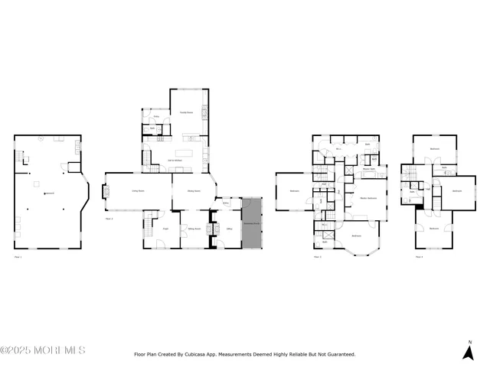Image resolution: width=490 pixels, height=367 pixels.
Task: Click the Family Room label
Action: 186,113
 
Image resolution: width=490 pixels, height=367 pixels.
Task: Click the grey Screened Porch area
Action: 252,223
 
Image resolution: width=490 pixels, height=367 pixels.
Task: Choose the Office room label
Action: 227,227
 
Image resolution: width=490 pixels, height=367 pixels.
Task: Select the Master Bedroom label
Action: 368,198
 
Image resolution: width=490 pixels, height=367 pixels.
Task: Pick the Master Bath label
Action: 368,170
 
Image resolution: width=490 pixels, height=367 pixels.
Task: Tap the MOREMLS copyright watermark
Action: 43,350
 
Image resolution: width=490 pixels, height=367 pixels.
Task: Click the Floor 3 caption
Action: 317,257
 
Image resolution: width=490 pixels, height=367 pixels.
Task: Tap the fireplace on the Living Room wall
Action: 107,193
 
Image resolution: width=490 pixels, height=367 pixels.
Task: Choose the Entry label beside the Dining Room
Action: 226,203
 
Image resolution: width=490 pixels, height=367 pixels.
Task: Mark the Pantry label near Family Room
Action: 156,117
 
